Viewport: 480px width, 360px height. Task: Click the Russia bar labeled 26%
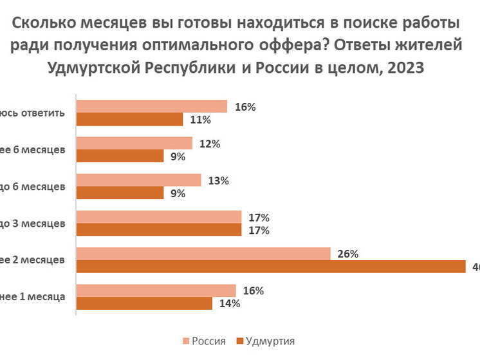(x=203, y=254)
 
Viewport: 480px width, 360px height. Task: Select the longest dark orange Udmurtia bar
(x=270, y=267)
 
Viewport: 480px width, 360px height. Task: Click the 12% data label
(x=211, y=144)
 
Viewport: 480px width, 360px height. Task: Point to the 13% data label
(x=219, y=181)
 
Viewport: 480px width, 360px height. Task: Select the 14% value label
(x=230, y=303)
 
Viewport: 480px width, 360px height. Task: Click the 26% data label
(x=349, y=254)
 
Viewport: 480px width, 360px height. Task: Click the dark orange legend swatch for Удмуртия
(x=241, y=341)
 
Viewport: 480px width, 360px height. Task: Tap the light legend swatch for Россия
(x=187, y=341)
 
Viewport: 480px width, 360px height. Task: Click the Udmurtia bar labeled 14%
(x=144, y=303)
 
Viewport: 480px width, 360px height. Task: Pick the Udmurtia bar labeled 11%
(x=130, y=119)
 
